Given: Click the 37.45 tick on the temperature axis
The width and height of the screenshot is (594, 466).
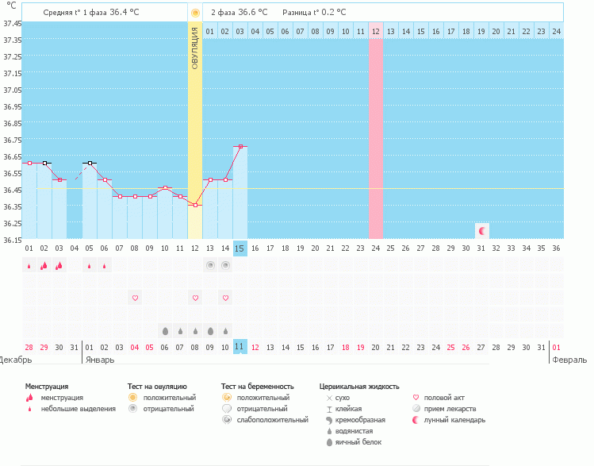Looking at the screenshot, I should point(12,24).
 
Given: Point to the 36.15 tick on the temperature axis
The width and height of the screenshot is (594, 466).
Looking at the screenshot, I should point(12,239).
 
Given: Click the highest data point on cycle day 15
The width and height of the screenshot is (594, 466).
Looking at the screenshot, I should point(240,146).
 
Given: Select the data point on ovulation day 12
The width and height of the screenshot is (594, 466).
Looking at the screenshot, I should point(195,205).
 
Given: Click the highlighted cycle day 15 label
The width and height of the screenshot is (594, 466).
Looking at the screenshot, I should point(240,248).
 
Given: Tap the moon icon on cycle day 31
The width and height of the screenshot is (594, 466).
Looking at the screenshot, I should point(481,230).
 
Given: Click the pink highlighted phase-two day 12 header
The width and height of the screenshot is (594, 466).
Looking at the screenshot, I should point(376,31).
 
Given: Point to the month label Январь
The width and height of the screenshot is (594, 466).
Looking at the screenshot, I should point(99,360).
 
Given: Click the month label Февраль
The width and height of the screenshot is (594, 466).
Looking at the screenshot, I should point(570,360).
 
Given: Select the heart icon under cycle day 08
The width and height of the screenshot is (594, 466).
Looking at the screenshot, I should point(135,298).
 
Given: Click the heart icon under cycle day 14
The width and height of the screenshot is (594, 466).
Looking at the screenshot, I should point(225,298).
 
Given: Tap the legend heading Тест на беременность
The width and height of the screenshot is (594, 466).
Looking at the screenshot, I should point(262,387).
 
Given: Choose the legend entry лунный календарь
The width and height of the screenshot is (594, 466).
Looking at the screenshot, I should point(454,420).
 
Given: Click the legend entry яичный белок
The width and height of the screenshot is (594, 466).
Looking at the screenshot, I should point(358,442).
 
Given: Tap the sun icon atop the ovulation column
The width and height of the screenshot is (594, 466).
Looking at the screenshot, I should point(195,13).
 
